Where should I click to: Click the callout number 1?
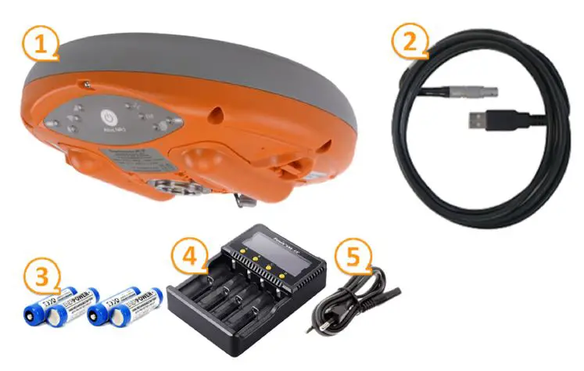[x=40, y=44]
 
